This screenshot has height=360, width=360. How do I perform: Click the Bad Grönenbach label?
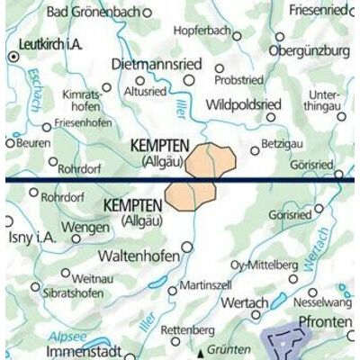click(x=89, y=12)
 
